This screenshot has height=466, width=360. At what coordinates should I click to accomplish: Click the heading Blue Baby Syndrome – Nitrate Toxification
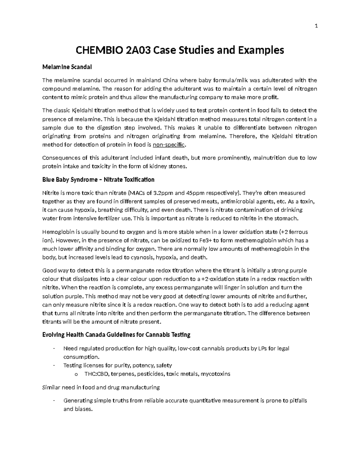[98, 180]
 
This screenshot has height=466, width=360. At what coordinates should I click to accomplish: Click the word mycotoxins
[215, 374]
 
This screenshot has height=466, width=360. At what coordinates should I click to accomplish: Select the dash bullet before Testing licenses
[53, 365]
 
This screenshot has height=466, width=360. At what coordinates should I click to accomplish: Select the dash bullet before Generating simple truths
[53, 401]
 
